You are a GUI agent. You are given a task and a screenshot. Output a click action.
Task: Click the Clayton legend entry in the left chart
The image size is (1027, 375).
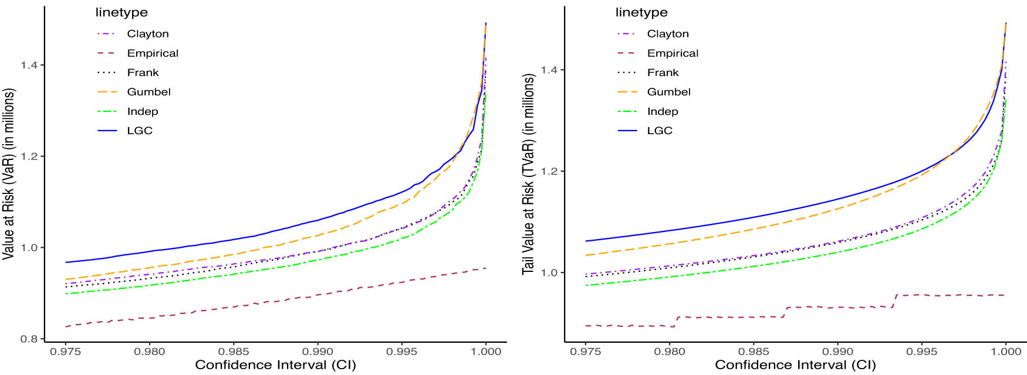(147, 34)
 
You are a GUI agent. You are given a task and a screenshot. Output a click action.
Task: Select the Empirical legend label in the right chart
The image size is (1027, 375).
(673, 53)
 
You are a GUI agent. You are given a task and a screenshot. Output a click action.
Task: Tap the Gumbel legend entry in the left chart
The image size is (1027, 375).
(148, 92)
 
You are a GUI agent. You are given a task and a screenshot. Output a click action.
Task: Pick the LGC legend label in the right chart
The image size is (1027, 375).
(659, 131)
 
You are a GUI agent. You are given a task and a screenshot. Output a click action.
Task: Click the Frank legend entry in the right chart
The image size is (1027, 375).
(663, 73)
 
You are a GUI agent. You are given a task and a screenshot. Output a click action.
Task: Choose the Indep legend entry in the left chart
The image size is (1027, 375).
(142, 111)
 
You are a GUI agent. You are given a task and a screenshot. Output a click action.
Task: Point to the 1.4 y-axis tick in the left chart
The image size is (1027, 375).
(29, 65)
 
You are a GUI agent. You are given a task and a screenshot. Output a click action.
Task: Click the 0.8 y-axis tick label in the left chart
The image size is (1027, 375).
(29, 339)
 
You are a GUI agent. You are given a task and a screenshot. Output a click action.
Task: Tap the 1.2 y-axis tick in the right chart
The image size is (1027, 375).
(549, 172)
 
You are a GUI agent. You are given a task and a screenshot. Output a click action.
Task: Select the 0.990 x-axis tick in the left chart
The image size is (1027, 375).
(317, 352)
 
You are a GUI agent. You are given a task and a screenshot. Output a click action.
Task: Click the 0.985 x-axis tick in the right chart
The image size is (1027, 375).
(754, 352)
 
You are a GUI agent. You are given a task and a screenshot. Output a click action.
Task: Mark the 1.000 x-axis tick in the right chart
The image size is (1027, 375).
(1006, 352)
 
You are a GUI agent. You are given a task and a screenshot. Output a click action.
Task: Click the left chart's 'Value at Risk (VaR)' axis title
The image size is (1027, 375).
(8, 174)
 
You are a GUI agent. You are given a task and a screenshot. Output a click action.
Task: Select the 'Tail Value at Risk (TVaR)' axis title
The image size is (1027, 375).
(528, 174)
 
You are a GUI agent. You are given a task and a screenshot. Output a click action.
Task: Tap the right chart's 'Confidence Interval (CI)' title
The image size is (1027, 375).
(795, 365)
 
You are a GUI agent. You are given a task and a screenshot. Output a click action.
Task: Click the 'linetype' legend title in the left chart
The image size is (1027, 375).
(121, 12)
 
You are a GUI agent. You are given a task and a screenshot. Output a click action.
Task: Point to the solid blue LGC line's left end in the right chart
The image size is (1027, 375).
(586, 241)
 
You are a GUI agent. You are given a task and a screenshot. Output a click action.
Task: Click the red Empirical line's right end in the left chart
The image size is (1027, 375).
(485, 268)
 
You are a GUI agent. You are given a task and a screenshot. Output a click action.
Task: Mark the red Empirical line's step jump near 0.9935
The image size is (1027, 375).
(894, 301)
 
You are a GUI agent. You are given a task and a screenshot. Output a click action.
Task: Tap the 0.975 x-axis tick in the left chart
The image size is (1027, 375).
(66, 352)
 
